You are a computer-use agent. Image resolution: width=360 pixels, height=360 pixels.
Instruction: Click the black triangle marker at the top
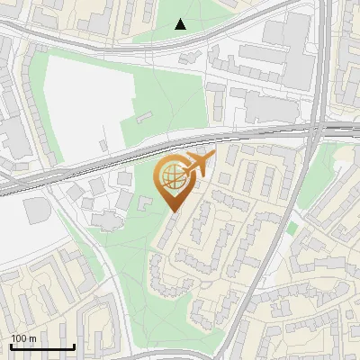pyautogui.click(x=181, y=24)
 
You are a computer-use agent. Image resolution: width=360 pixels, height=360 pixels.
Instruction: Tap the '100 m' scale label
pyautogui.click(x=23, y=338)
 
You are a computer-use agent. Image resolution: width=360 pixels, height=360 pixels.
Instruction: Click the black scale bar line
pyautogui.click(x=42, y=347)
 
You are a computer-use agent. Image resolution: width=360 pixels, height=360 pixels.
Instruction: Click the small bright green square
pyautogui.click(x=292, y=229)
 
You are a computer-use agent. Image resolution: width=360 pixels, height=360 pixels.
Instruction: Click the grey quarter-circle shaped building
pyautogui.click(x=37, y=210)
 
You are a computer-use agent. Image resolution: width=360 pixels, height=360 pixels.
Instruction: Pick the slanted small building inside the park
pyautogui.click(x=144, y=116)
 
